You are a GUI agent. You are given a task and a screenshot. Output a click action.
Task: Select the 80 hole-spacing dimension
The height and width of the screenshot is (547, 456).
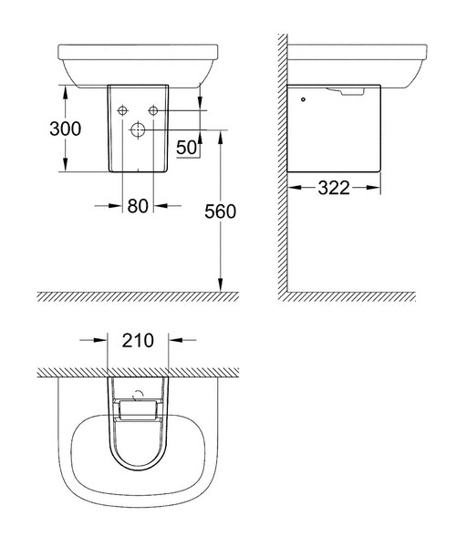(x=138, y=206)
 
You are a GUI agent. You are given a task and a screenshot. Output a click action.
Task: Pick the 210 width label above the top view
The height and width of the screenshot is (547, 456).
(x=138, y=341)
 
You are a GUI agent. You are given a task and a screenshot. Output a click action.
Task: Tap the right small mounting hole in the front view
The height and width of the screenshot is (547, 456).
(x=153, y=110)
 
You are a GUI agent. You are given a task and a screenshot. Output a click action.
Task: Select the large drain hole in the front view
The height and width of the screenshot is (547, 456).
(x=138, y=129)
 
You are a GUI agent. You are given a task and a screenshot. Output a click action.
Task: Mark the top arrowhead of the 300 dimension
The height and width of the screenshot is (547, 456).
(x=66, y=89)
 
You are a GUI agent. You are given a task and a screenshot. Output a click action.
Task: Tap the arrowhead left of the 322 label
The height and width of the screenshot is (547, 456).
(x=295, y=189)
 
